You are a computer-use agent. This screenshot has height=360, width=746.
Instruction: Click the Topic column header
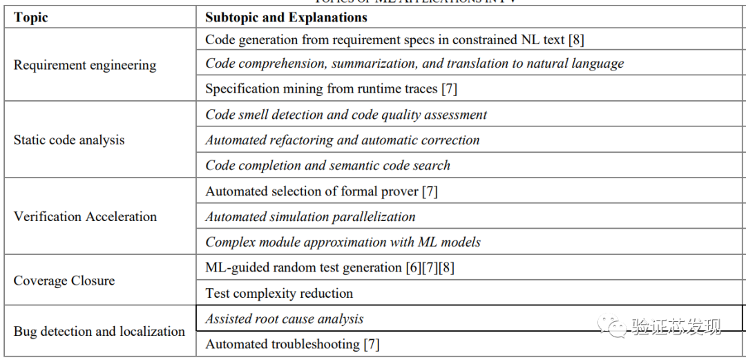click(31, 17)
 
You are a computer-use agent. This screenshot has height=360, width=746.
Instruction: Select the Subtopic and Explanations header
click(286, 17)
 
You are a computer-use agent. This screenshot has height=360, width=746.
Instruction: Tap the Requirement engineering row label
click(85, 66)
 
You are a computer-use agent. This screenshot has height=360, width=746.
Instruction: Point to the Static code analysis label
click(69, 140)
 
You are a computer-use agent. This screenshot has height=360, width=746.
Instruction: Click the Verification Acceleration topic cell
click(85, 217)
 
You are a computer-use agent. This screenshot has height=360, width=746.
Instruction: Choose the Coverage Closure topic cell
click(64, 281)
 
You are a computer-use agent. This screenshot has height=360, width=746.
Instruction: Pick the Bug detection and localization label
click(99, 332)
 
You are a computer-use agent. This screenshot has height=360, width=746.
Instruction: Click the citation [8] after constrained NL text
click(576, 40)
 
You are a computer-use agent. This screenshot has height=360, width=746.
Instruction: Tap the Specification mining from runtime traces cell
click(331, 88)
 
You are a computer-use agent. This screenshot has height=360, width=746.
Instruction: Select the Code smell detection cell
click(346, 115)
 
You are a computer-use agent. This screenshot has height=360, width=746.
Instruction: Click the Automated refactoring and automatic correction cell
click(343, 140)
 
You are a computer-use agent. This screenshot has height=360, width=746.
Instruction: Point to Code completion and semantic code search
click(327, 166)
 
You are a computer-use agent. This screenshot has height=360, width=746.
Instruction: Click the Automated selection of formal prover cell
click(321, 191)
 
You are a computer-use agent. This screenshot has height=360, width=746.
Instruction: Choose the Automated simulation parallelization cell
click(310, 217)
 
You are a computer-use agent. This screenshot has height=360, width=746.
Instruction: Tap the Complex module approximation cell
click(343, 243)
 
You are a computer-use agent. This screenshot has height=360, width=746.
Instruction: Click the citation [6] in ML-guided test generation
click(414, 267)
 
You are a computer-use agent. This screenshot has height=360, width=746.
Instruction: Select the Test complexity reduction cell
click(279, 294)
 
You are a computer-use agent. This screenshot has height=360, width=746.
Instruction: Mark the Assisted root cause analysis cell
click(284, 319)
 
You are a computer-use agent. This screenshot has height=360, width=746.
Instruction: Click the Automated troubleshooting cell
click(292, 344)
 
